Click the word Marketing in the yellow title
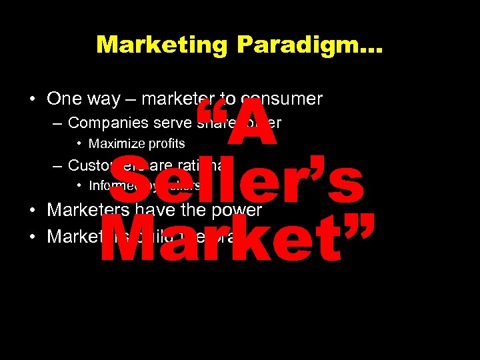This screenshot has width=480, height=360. (x=163, y=45)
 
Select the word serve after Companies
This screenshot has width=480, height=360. (x=172, y=123)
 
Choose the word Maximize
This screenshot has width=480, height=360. (x=113, y=144)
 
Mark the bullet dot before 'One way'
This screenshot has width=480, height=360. (x=33, y=100)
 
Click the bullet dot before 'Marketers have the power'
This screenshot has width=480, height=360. (x=33, y=211)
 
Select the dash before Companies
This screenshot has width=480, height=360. (x=57, y=123)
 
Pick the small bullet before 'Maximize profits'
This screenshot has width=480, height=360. (x=80, y=144)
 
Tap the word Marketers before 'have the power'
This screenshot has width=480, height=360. (x=88, y=210)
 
